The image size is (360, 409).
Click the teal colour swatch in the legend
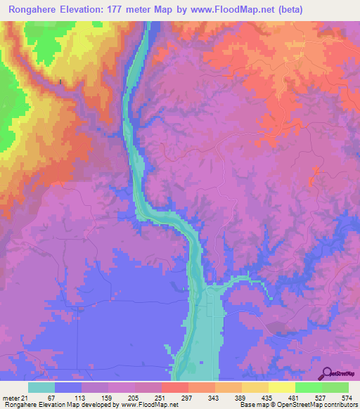[x=41, y=387]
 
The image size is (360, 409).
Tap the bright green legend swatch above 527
[x=308, y=387]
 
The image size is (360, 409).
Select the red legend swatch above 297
[x=174, y=387]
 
